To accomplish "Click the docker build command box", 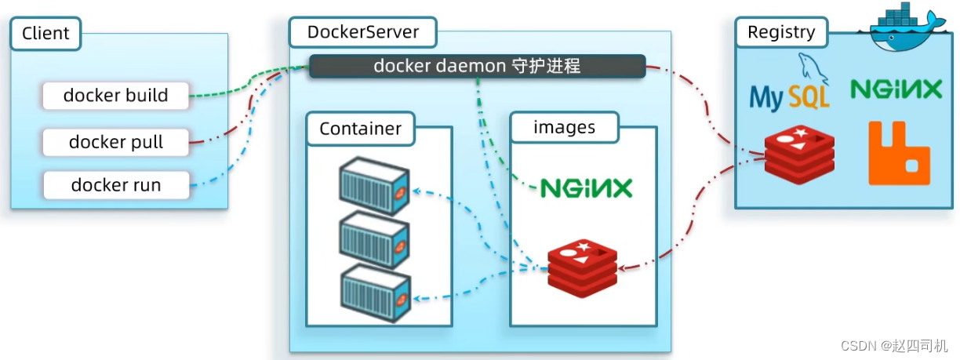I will pos(116,96).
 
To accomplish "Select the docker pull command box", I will pos(116,142).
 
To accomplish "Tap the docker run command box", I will pos(116,185).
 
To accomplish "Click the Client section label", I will pos(45,33).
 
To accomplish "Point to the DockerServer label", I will pos(363,33).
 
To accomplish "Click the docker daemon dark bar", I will pos(477,66).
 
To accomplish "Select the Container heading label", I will pos(361,129).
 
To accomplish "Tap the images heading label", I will pos(564,127).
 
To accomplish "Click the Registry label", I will pos(781,32).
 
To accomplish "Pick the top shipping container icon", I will pos(375,187).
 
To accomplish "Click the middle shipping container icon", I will pos(375,240).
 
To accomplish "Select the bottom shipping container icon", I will pos(375,290).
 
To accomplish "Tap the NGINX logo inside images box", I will pos(586,187).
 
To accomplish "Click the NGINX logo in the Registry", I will pos(896,90).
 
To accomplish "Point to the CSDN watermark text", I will pos(895,345).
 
